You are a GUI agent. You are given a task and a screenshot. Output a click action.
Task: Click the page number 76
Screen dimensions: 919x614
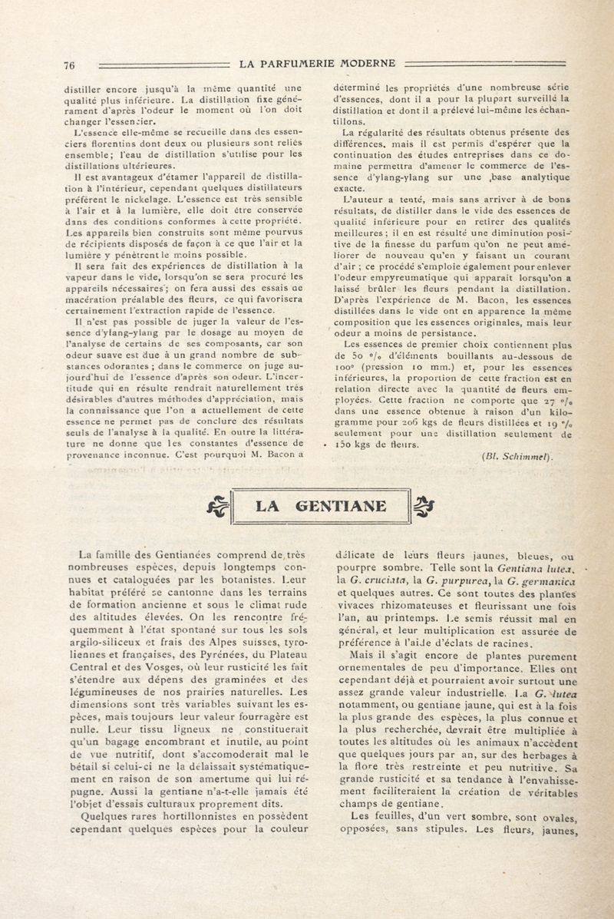[68, 65]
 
